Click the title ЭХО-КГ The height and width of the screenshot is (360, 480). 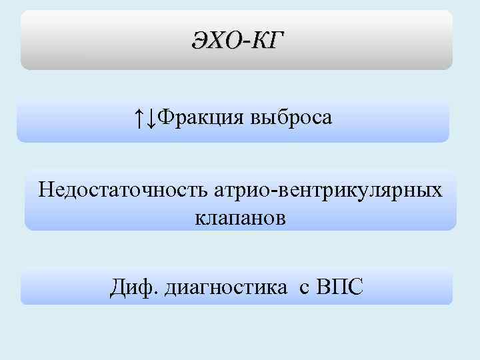pos(237,41)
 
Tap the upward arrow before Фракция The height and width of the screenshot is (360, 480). pos(137,119)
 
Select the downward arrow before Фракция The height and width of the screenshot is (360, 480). pos(151,119)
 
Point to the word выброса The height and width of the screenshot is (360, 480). pos(291,119)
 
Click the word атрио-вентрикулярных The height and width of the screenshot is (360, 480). pos(327,191)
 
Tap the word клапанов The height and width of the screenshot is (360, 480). pos(241,217)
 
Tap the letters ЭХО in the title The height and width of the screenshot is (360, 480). pos(215,41)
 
